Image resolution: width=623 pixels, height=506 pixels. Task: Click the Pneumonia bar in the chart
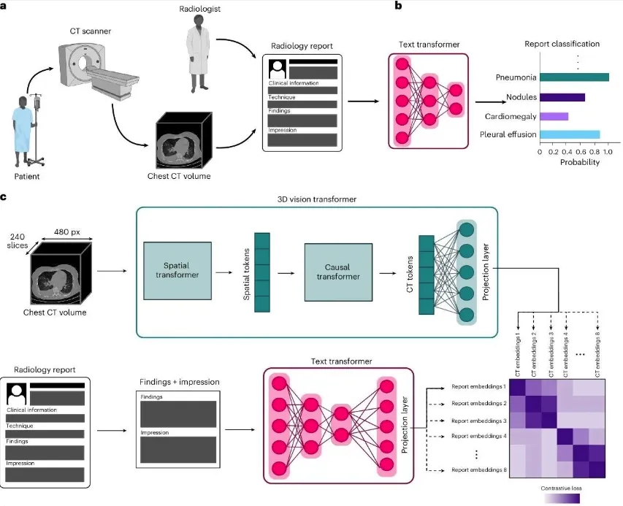574,77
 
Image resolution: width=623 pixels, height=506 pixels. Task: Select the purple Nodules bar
562,96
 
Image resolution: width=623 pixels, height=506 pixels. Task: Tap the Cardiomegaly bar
554,116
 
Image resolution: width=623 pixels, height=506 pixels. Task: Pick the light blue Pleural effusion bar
570,134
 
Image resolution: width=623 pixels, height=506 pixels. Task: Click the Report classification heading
562,44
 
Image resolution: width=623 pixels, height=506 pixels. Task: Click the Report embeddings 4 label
478,436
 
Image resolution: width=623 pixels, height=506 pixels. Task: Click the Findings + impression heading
178,382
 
